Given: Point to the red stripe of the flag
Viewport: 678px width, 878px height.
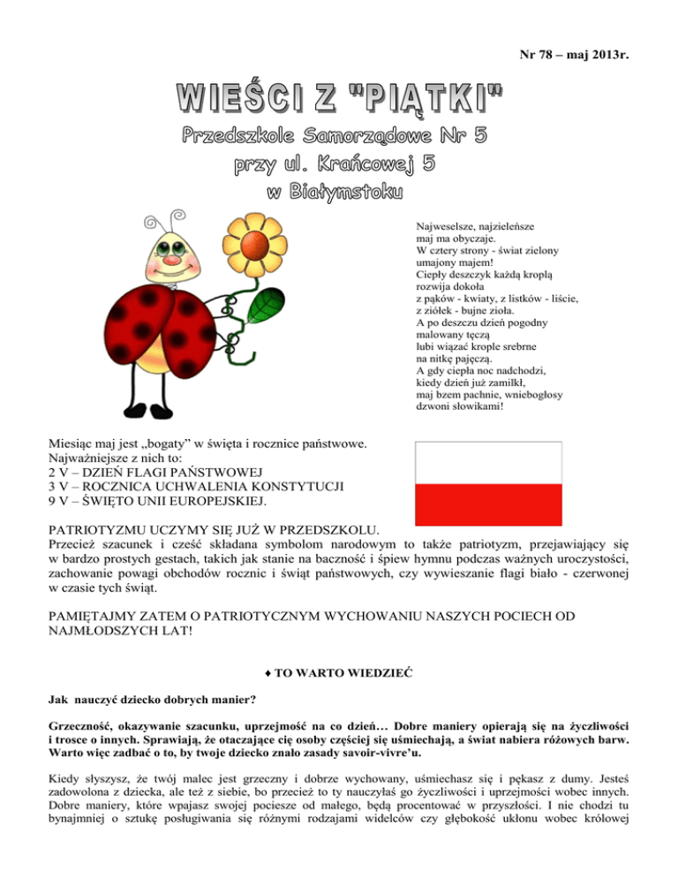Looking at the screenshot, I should point(488,504).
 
